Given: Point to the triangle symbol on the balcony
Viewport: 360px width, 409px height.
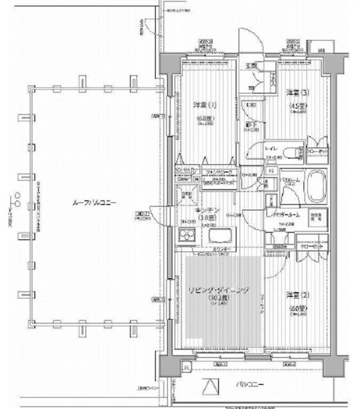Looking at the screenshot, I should point(210,387).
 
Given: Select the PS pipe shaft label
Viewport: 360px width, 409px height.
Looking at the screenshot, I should point(271,171).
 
